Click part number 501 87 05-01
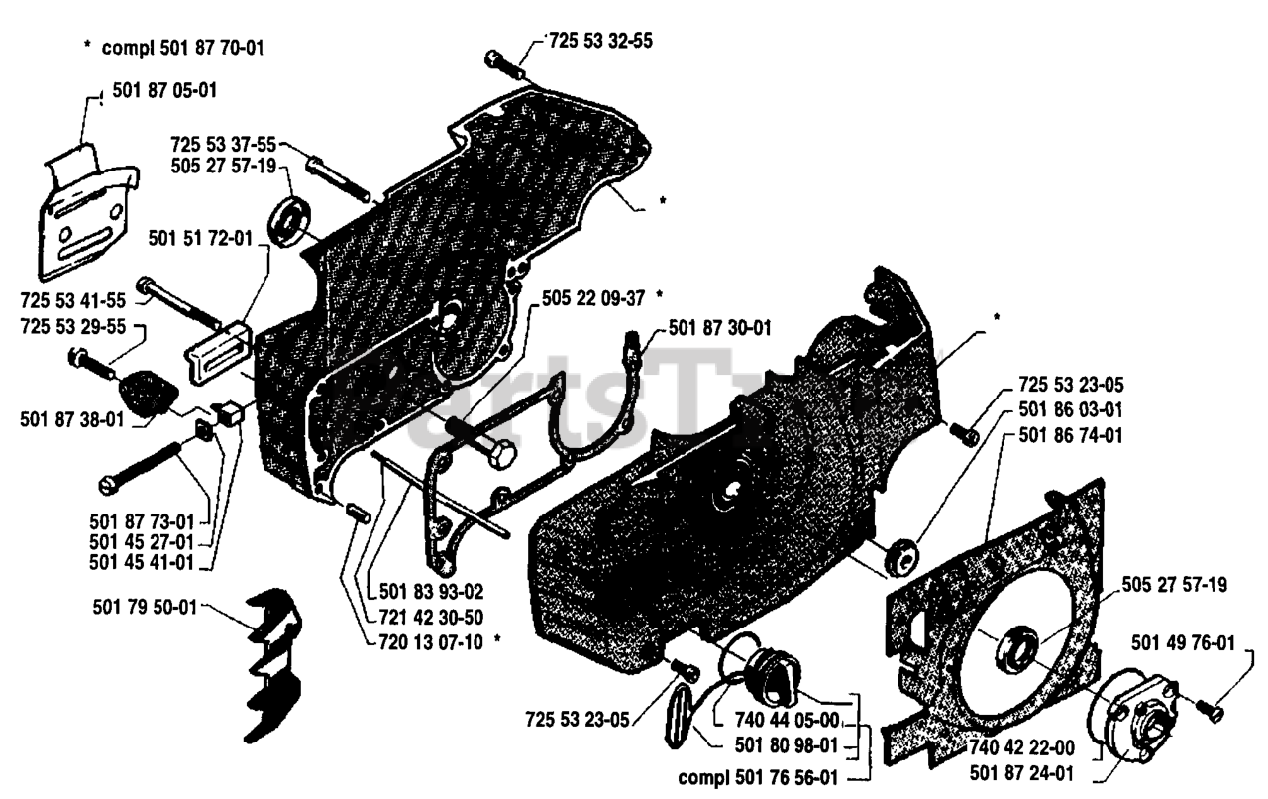(165, 91)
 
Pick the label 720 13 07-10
(431, 641)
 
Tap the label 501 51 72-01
(200, 238)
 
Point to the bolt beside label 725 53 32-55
(506, 65)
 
